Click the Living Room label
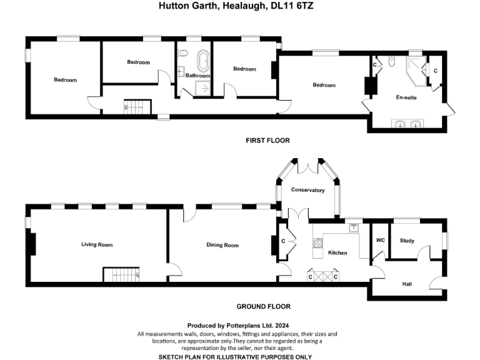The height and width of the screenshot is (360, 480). pos(97,245)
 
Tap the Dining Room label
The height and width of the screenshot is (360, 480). pos(222,246)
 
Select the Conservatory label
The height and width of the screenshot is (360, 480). pos(307,190)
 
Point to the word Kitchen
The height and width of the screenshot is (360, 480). pos(337,253)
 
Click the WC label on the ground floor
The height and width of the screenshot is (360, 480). pos(380,240)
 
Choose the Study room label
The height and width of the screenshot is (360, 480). pos(407,240)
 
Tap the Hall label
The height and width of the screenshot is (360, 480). pos(407,284)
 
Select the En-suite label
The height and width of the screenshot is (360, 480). pos(406,97)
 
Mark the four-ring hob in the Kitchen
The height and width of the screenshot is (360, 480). pos(317,242)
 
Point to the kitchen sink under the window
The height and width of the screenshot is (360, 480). pos(354,227)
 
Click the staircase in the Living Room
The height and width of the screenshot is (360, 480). pos(121,274)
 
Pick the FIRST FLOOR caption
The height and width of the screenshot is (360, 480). pos(267,141)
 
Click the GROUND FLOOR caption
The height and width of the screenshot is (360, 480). pos(263,307)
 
